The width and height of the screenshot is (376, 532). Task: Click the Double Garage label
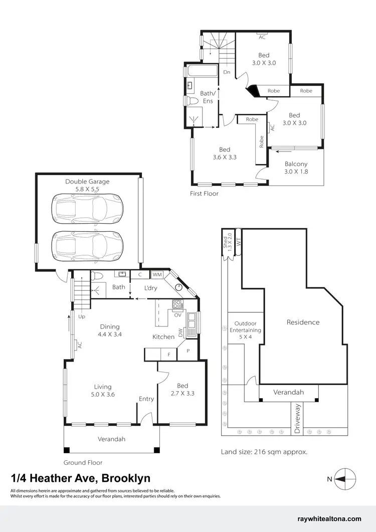point(87,186)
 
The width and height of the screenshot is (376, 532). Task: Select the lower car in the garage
point(87,244)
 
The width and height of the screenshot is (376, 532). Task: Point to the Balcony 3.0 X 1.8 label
point(296,168)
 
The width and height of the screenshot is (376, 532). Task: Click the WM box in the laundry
point(156,274)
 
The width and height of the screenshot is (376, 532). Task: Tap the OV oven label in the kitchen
point(177,315)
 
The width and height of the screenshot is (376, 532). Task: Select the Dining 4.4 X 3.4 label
point(109,330)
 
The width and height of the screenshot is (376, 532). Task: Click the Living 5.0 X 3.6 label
point(102,390)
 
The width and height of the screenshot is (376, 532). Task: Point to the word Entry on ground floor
point(146,399)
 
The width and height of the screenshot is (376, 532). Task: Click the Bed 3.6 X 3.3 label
point(225,153)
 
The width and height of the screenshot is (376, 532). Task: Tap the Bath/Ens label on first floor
point(207,97)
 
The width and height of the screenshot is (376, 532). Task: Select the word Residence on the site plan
point(303,322)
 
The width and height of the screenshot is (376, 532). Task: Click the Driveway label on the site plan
point(297,418)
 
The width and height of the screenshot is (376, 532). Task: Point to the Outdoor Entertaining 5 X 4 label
point(245,330)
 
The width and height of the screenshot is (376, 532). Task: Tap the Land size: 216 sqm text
point(264,452)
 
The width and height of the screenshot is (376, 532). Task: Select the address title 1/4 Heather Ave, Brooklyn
point(81,478)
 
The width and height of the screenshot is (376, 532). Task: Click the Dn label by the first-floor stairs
point(227,72)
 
